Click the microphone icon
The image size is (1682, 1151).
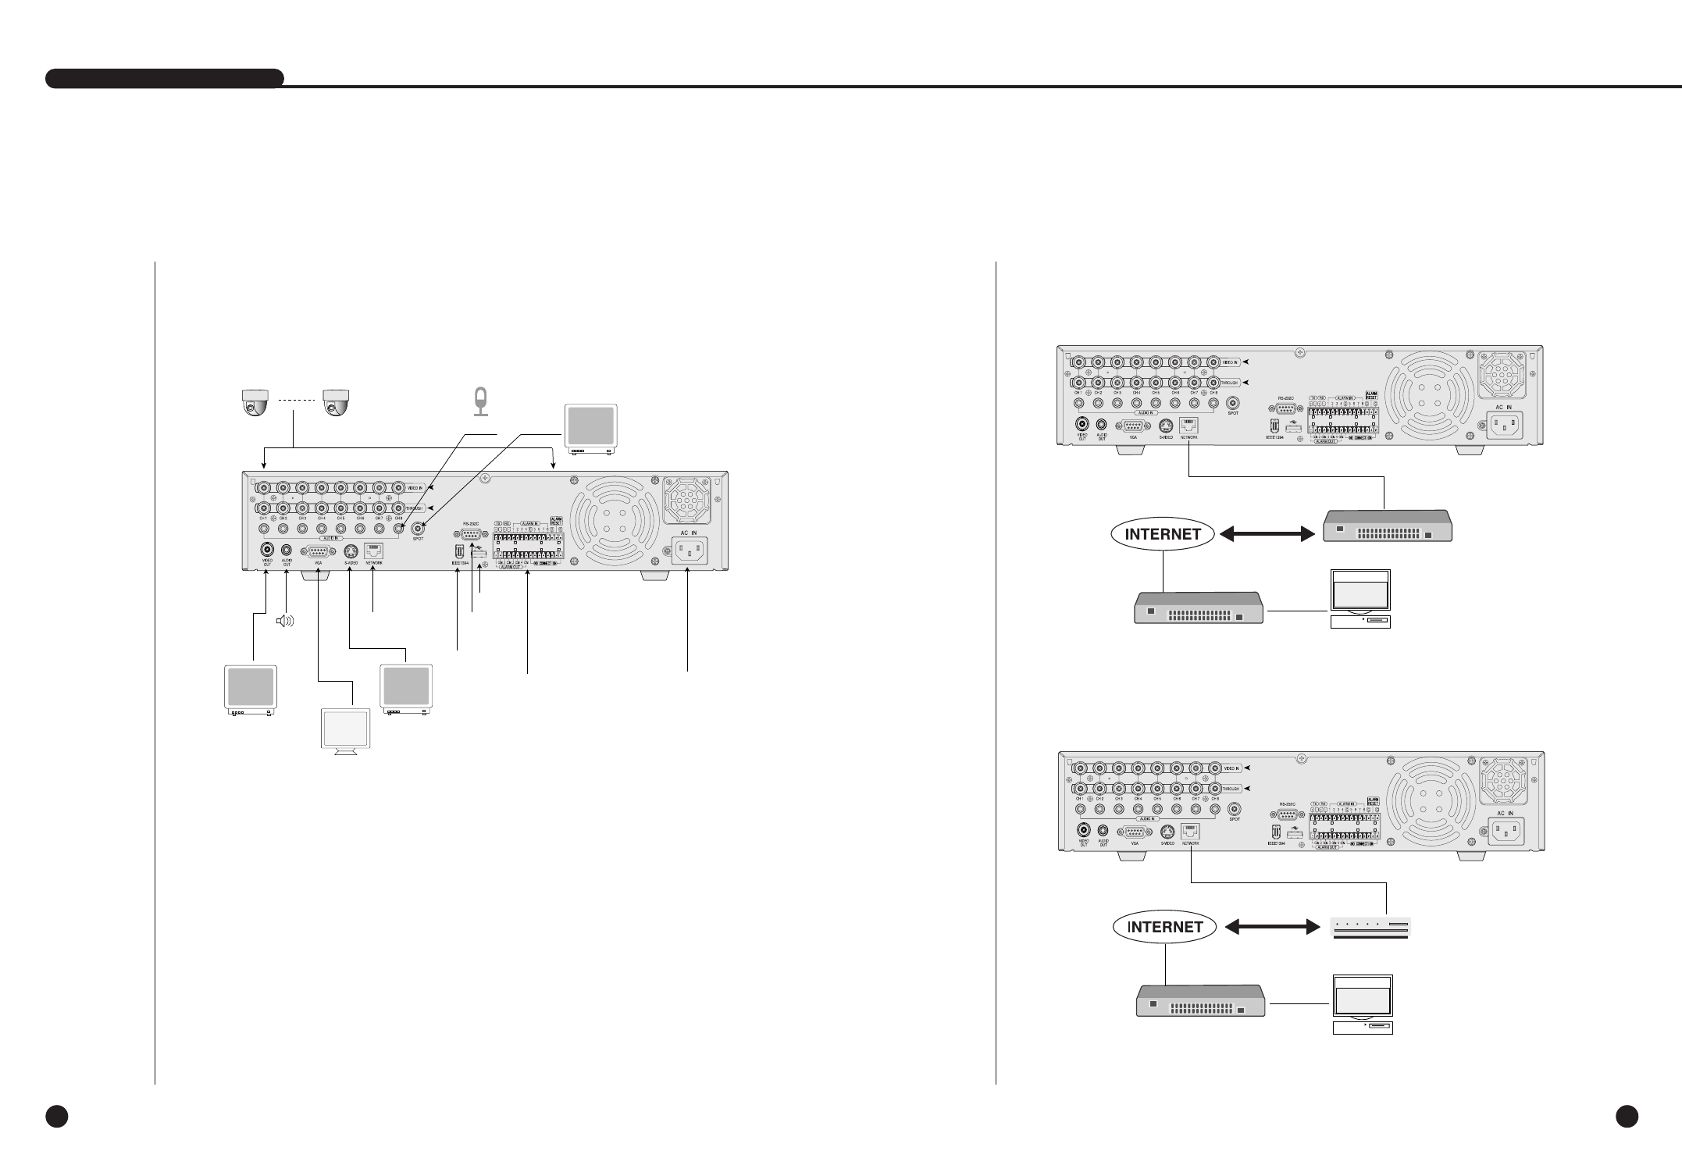[481, 401]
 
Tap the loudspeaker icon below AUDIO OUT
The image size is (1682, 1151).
[286, 622]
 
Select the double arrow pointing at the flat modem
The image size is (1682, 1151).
[1267, 928]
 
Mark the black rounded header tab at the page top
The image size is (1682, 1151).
[165, 78]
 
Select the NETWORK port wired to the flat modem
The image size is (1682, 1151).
[1191, 832]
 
